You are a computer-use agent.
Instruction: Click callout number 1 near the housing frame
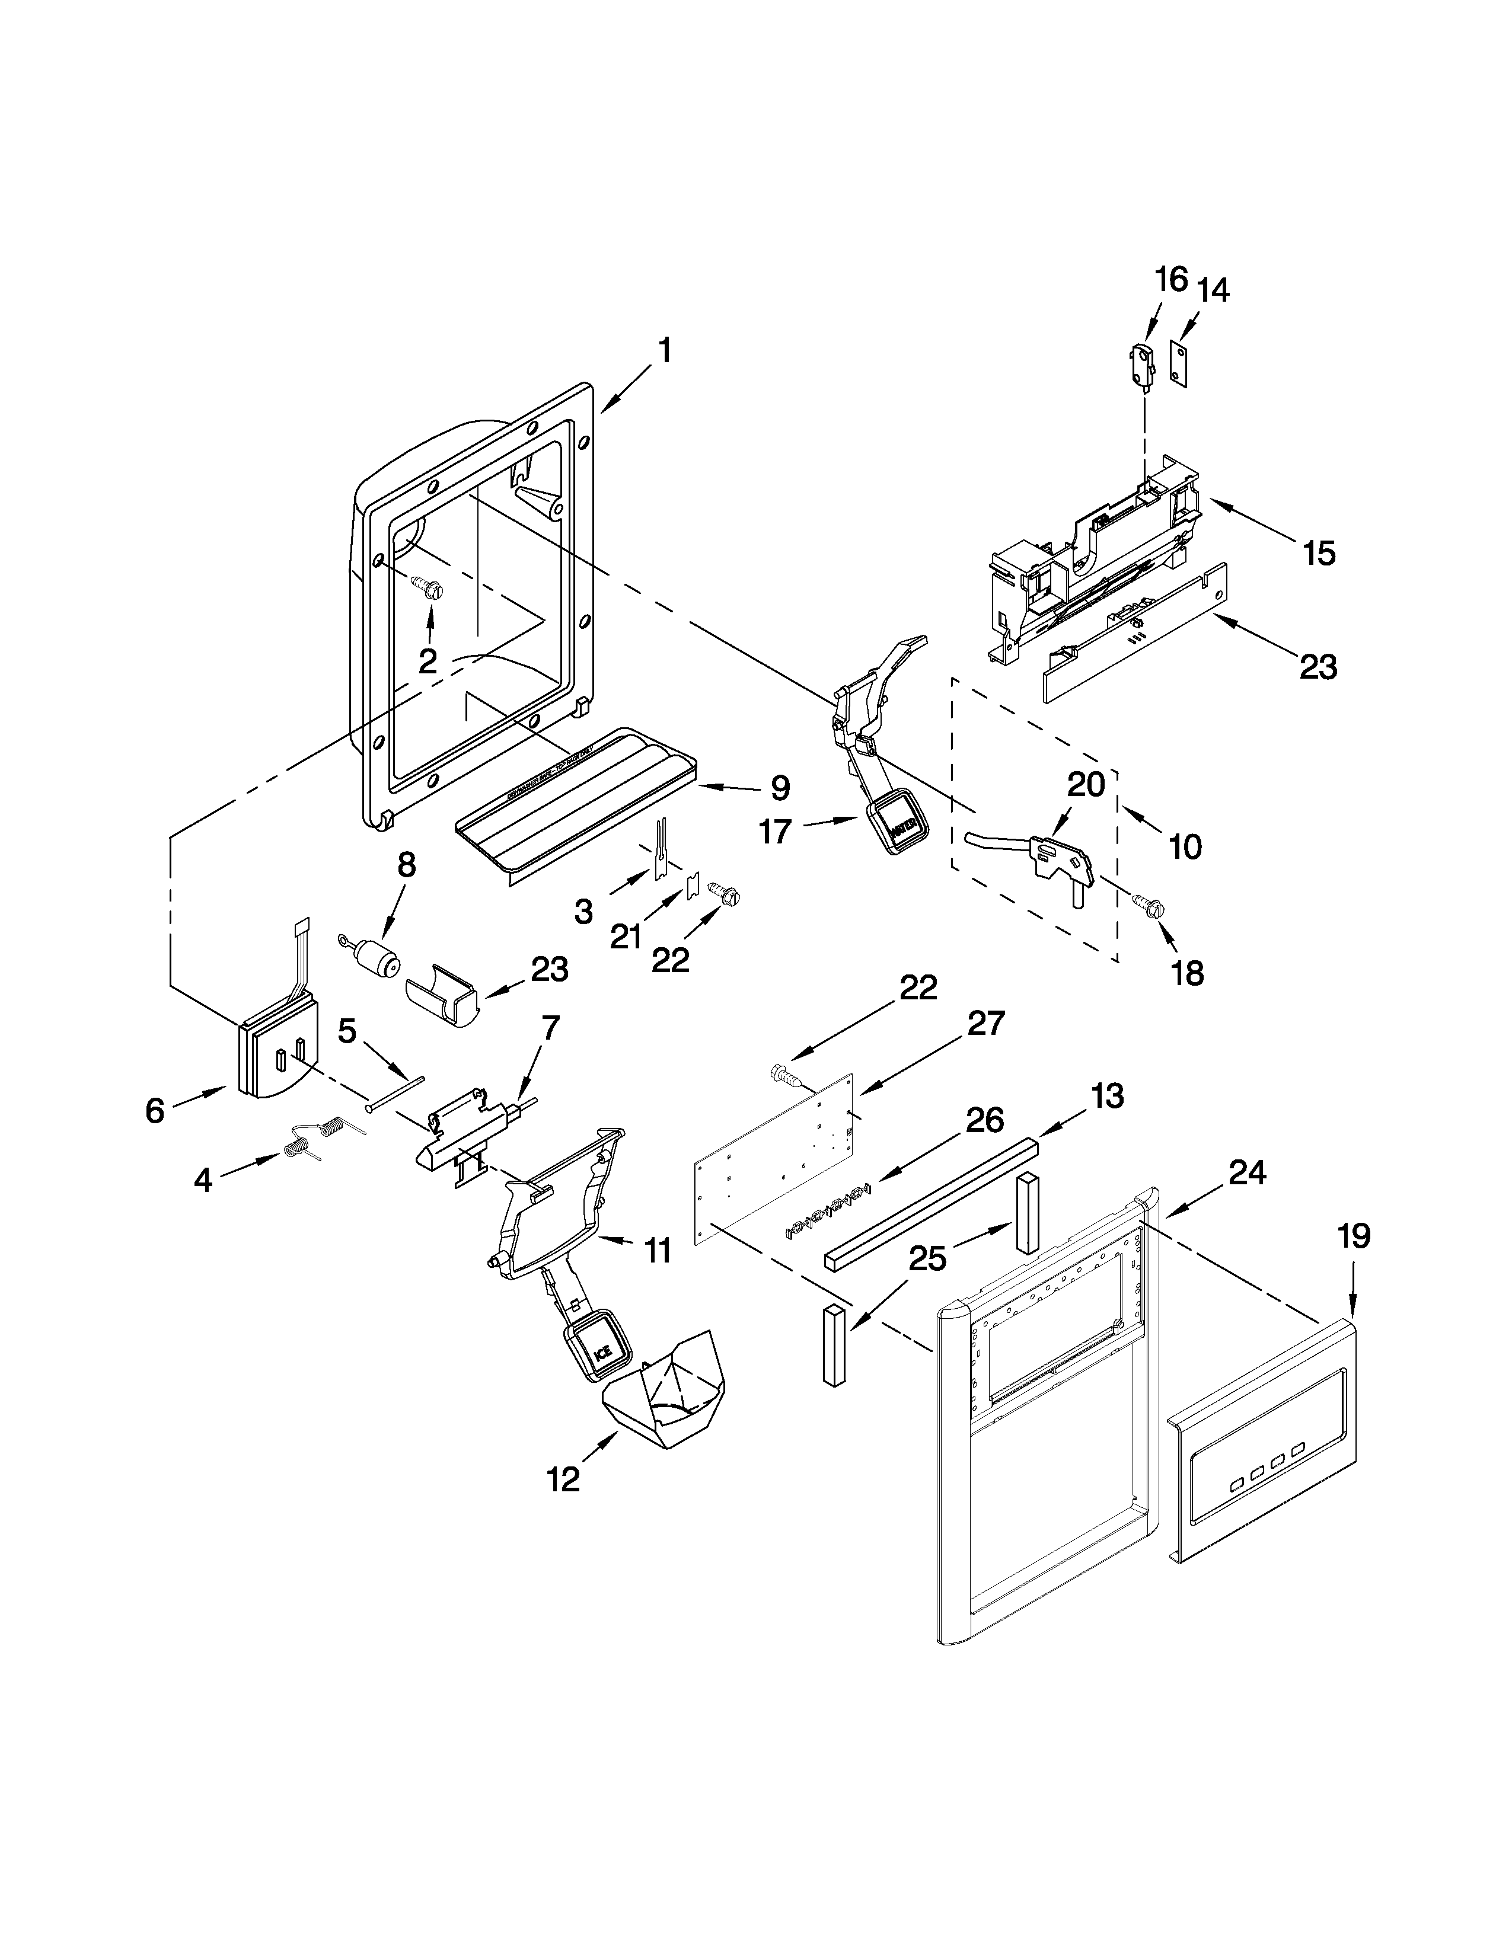(x=664, y=351)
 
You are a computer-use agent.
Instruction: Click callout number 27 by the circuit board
(x=985, y=1023)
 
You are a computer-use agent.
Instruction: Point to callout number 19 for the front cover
(x=1354, y=1237)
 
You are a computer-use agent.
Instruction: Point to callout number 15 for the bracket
(x=1319, y=554)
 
